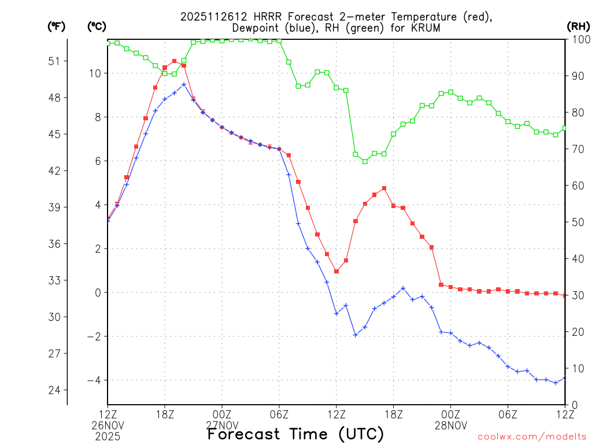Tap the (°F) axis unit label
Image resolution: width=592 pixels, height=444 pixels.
(x=57, y=26)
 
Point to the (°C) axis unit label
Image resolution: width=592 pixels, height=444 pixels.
(x=97, y=26)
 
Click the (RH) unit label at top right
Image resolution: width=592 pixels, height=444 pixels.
(x=578, y=26)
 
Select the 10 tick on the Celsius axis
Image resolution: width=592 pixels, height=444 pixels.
(x=95, y=73)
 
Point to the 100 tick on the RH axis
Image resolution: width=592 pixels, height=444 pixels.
(x=580, y=39)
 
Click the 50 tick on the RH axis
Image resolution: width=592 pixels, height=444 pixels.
(x=578, y=222)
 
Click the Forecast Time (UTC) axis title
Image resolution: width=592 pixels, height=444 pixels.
(x=295, y=434)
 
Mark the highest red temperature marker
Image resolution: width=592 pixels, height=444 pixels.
(x=174, y=61)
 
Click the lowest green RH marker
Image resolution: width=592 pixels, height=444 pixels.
(x=365, y=161)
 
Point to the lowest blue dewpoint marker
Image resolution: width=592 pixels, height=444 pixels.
(x=556, y=383)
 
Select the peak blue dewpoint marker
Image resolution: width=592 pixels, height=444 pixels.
(x=184, y=84)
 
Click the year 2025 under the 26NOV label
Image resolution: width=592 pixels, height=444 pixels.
(x=108, y=436)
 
